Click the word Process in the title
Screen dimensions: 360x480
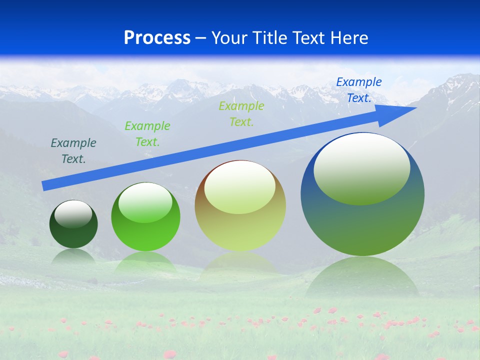tap(157, 38)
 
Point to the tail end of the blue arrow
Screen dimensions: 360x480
tap(44, 186)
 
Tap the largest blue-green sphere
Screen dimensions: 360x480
tap(362, 220)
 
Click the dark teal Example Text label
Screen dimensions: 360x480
tap(73, 151)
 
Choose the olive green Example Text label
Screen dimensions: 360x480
tap(241, 113)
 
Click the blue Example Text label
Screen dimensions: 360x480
tap(359, 90)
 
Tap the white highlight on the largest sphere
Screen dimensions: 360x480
tap(361, 167)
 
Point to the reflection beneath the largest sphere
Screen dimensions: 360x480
tap(362, 277)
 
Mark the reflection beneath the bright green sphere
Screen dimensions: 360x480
tap(145, 262)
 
